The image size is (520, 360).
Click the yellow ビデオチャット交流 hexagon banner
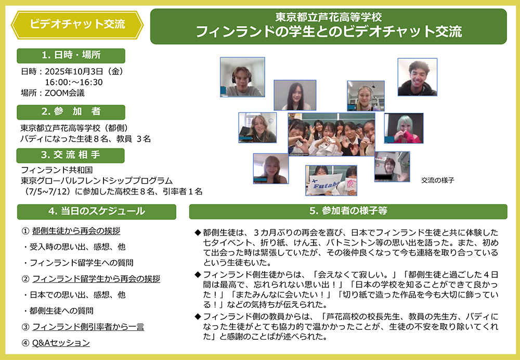[77, 24]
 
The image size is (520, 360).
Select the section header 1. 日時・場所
[71, 56]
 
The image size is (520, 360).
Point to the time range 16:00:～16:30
[74, 82]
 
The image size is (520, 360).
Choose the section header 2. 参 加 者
[71, 112]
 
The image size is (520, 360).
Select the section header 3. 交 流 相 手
[71, 155]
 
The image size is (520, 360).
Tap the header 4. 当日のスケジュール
[96, 211]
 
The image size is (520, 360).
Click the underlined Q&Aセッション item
[61, 343]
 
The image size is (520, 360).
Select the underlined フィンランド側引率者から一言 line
[88, 327]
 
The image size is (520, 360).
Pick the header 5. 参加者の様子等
[348, 211]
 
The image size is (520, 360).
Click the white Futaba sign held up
[322, 186]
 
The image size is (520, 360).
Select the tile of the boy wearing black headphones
[242, 77]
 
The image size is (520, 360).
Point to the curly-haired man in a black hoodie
[417, 77]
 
